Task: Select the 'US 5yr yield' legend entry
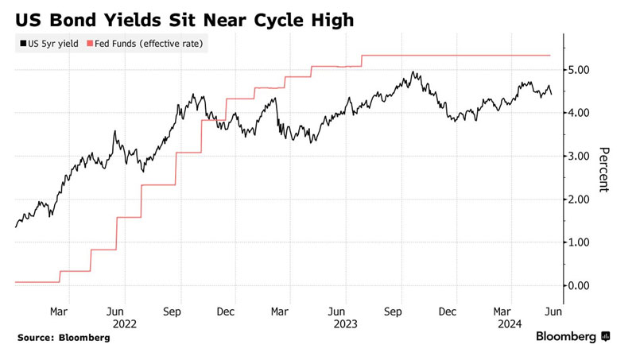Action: click(48, 44)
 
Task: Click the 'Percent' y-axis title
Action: click(603, 169)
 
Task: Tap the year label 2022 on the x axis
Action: click(125, 324)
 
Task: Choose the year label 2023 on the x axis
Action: click(345, 324)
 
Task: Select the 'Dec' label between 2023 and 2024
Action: click(448, 312)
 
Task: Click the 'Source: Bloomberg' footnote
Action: click(64, 338)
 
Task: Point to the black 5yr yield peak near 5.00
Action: click(413, 72)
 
